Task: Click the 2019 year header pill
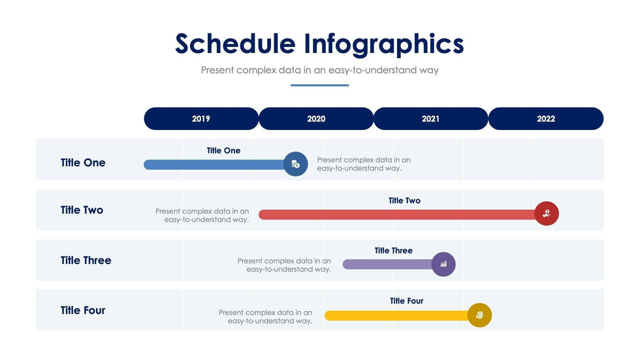point(201,119)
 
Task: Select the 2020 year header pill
point(316,119)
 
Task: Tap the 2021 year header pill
point(430,119)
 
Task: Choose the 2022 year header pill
point(546,119)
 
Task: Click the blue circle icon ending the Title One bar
point(295,164)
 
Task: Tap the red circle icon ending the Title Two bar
point(547,214)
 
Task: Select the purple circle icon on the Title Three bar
point(443,264)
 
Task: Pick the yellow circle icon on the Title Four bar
point(479,315)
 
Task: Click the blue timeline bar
point(214,165)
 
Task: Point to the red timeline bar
point(397,215)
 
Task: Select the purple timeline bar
point(387,265)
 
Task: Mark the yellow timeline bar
point(397,316)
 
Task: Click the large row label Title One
point(83,163)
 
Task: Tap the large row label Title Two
point(82,210)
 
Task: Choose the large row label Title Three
point(86,260)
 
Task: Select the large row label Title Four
point(83,310)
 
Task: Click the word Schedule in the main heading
point(236,43)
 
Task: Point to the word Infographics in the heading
point(384,44)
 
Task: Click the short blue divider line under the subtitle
point(319,86)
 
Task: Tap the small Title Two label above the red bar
point(404,201)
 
